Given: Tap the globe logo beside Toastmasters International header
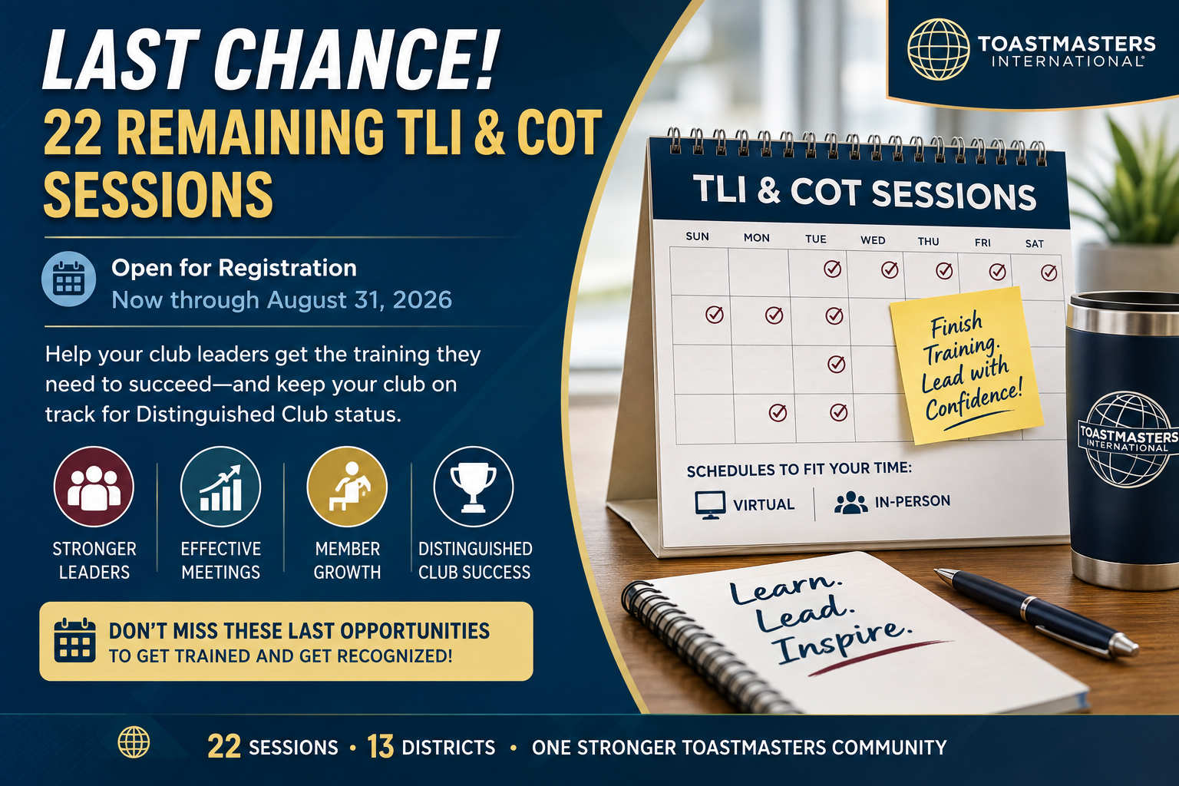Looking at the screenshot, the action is point(939,49).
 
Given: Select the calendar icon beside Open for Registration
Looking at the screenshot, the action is point(69,279).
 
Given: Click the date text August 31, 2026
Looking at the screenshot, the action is point(359,300).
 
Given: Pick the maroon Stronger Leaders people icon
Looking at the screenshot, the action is point(94,487).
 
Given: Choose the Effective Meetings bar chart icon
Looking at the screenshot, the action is point(220,487).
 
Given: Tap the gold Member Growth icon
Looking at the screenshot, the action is point(348,487).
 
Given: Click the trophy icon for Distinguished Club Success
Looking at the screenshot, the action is point(474,487).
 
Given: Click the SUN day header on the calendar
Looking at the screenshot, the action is point(698,236).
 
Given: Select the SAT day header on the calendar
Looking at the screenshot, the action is point(1034,244).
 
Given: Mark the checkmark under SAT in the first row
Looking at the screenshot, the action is point(1049,272).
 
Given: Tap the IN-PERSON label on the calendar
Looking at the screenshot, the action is point(913,500).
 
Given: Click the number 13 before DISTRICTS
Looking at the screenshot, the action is point(380,747).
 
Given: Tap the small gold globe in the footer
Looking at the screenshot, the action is point(134,742).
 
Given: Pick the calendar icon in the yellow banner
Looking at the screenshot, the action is point(74,640).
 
